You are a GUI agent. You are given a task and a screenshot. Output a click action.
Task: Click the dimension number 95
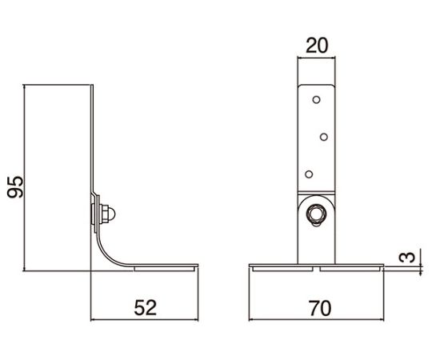tap(15, 187)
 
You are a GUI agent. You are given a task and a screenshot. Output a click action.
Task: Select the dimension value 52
tap(146, 308)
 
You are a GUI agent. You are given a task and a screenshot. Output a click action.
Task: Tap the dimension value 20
tap(317, 46)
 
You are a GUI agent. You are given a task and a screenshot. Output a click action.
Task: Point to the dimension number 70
tap(319, 308)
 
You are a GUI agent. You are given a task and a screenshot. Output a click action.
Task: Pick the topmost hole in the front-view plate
tap(317, 100)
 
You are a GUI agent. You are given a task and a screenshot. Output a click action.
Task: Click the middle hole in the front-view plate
tap(324, 137)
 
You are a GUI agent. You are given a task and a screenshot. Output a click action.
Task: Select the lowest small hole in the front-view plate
tap(309, 174)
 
